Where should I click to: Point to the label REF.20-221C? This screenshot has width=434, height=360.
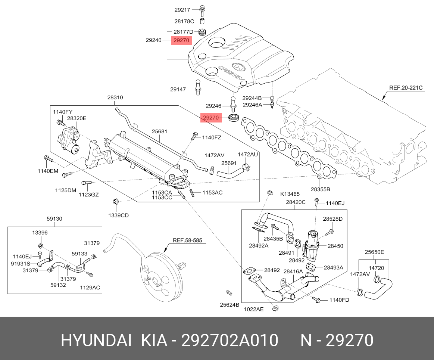tap(406, 88)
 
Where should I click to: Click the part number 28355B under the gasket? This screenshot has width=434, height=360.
tap(320, 189)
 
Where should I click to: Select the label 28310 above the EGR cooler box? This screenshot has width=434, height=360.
tap(115, 97)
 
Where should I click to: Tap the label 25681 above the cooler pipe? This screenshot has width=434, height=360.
tap(159, 131)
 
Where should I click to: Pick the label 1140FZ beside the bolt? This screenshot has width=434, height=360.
tap(212, 137)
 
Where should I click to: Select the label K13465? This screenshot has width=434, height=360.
tap(290, 194)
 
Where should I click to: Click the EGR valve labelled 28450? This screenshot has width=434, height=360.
tap(312, 245)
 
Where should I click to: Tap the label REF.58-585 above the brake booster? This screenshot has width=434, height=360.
tap(187, 240)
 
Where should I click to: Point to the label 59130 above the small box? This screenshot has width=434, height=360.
tap(54, 219)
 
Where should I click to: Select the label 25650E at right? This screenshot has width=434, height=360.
tap(374, 252)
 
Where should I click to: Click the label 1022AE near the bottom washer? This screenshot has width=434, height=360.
tap(254, 309)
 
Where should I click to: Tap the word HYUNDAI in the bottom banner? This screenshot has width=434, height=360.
tap(96, 341)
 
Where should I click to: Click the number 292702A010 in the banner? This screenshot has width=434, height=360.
tap(230, 341)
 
